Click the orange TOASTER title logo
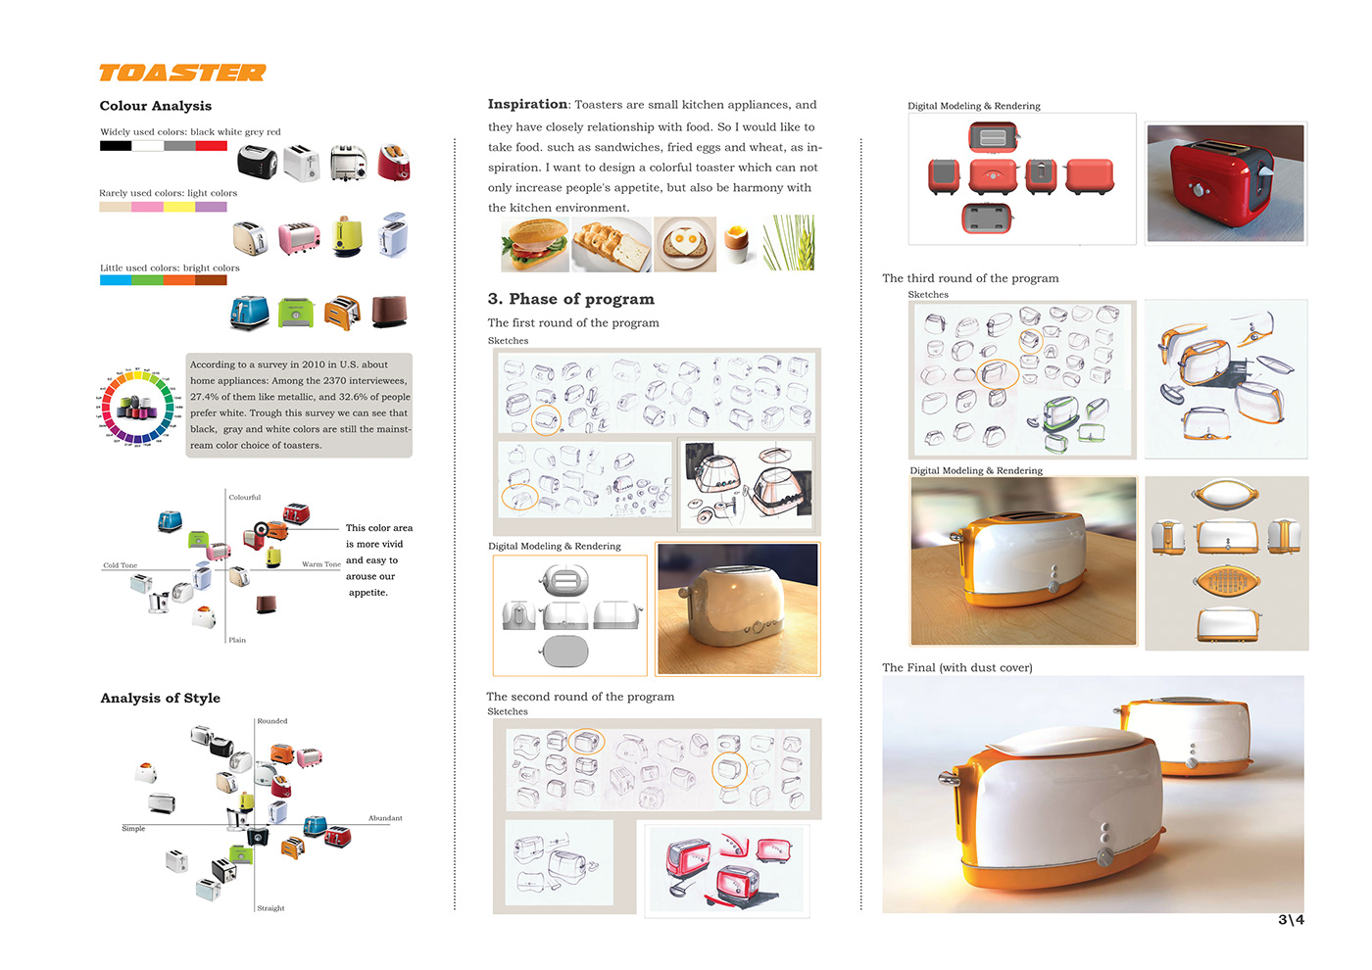(x=182, y=73)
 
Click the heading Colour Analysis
(x=155, y=106)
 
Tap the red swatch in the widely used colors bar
(x=211, y=146)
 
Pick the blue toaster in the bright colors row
(x=249, y=313)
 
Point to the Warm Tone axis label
(x=320, y=564)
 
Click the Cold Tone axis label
(x=121, y=565)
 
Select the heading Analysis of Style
(x=160, y=698)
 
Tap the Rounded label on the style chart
(x=272, y=721)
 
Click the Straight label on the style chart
(x=270, y=908)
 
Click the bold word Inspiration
(x=527, y=104)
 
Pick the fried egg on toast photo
(x=684, y=244)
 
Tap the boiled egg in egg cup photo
(x=738, y=243)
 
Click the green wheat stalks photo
(x=789, y=244)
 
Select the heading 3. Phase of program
(x=570, y=299)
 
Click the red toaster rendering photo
(x=1226, y=183)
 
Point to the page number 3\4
(x=1291, y=919)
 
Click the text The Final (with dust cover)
(x=956, y=667)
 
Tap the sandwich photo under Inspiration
(x=534, y=244)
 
